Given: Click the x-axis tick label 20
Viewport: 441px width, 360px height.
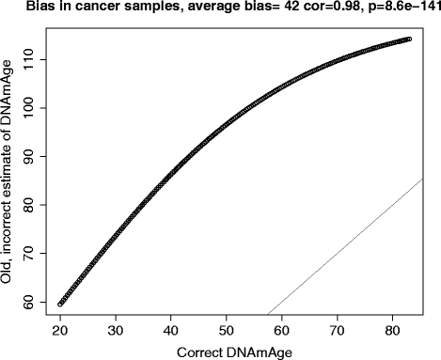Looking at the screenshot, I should click(x=60, y=331).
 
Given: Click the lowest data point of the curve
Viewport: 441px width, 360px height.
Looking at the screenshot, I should click(x=60, y=304).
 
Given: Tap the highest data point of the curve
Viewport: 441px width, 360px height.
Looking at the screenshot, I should click(x=409, y=39).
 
